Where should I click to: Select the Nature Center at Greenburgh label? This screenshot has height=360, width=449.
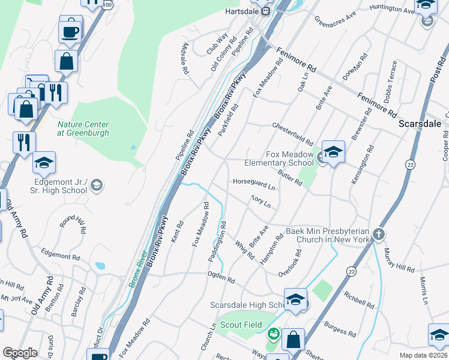point(83,129)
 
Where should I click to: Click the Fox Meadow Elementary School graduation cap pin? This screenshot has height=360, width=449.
point(333,153)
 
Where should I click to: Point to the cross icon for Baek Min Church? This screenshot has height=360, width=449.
point(378,234)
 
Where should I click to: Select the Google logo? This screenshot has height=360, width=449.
point(20,353)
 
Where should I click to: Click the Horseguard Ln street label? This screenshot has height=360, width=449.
point(253,185)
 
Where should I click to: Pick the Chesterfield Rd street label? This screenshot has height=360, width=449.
point(293,128)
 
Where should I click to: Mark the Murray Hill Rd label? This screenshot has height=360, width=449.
point(399,260)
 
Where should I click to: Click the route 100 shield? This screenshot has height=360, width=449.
point(107,4)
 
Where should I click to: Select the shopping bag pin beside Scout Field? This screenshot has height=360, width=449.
point(293,340)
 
